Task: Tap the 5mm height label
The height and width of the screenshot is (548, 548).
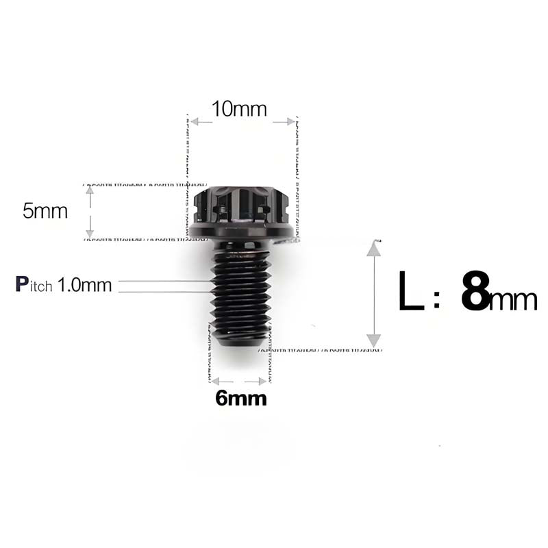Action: [45, 211]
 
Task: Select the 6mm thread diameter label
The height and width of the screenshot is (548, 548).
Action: [241, 398]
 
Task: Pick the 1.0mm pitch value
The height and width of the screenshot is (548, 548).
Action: [85, 285]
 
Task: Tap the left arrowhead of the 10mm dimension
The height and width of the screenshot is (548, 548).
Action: [195, 122]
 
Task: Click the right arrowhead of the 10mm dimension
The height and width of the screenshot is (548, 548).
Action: [288, 122]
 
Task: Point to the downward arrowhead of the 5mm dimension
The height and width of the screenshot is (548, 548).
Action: [89, 234]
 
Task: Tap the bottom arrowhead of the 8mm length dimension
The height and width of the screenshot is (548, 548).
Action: [373, 340]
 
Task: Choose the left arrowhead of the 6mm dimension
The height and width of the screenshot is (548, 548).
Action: [215, 381]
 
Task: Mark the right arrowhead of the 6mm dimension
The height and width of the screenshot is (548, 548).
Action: [264, 381]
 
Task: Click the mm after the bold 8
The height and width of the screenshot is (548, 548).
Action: [514, 300]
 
